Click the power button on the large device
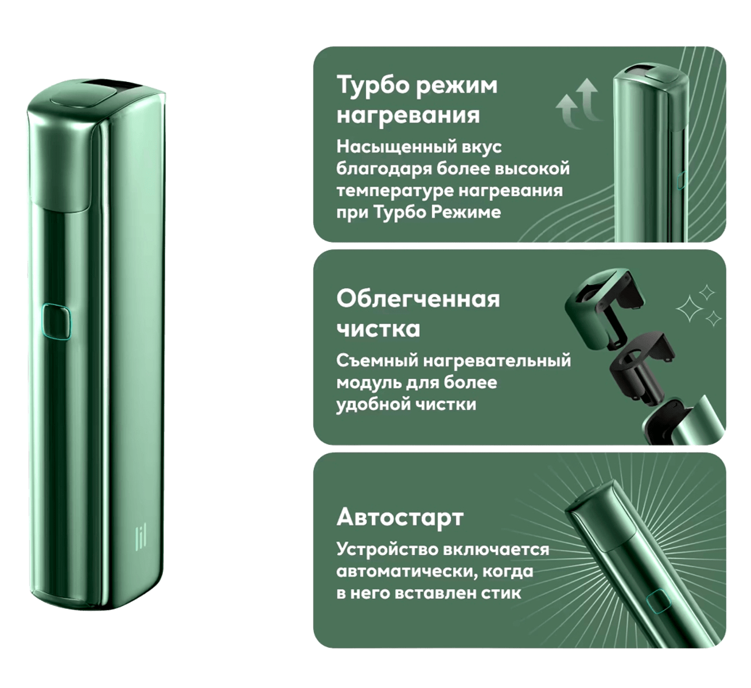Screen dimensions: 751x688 click(x=56, y=322)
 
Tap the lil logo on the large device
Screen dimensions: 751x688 click(x=141, y=537)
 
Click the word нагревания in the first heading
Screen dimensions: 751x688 click(x=408, y=115)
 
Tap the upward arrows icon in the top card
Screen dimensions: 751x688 click(x=578, y=103)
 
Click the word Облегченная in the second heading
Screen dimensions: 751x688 click(x=418, y=299)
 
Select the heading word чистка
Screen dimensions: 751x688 click(x=378, y=329)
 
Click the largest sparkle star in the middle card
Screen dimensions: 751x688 click(x=689, y=309)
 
